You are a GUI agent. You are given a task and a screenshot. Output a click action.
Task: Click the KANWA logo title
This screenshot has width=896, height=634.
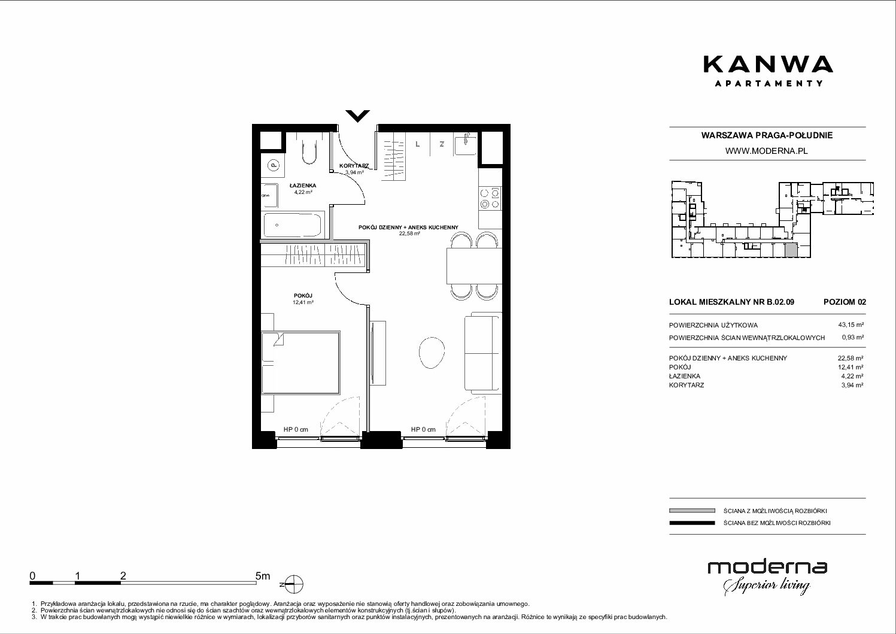click(x=768, y=65)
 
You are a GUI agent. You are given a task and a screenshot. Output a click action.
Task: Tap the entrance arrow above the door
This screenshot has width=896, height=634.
click(x=357, y=116)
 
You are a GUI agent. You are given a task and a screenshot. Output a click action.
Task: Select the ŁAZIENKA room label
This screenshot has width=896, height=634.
click(x=303, y=186)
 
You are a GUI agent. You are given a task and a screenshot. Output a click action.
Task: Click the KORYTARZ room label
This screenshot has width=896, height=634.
click(x=354, y=166)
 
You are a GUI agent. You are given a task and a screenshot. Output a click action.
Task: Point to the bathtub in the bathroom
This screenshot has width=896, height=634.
click(x=293, y=225)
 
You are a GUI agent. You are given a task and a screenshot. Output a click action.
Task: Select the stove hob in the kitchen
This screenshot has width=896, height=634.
click(x=490, y=199)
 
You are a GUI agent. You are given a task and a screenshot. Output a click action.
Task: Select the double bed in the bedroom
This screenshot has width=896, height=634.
click(x=301, y=362)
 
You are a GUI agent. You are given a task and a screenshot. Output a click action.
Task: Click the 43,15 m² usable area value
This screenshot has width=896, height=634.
click(x=851, y=325)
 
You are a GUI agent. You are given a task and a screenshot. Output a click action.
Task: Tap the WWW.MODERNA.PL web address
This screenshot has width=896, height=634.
click(x=766, y=151)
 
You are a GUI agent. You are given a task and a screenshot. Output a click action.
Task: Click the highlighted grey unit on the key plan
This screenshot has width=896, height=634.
click(x=791, y=250)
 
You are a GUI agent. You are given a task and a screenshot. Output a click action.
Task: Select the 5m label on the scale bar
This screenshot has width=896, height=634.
click(x=263, y=575)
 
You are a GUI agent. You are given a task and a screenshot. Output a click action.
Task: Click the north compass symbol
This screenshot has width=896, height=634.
click(x=294, y=584)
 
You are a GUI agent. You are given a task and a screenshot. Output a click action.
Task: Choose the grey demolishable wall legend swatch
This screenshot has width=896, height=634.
click(x=692, y=511)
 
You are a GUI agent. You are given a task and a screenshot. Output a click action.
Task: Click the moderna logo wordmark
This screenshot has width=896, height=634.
click(x=767, y=568)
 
